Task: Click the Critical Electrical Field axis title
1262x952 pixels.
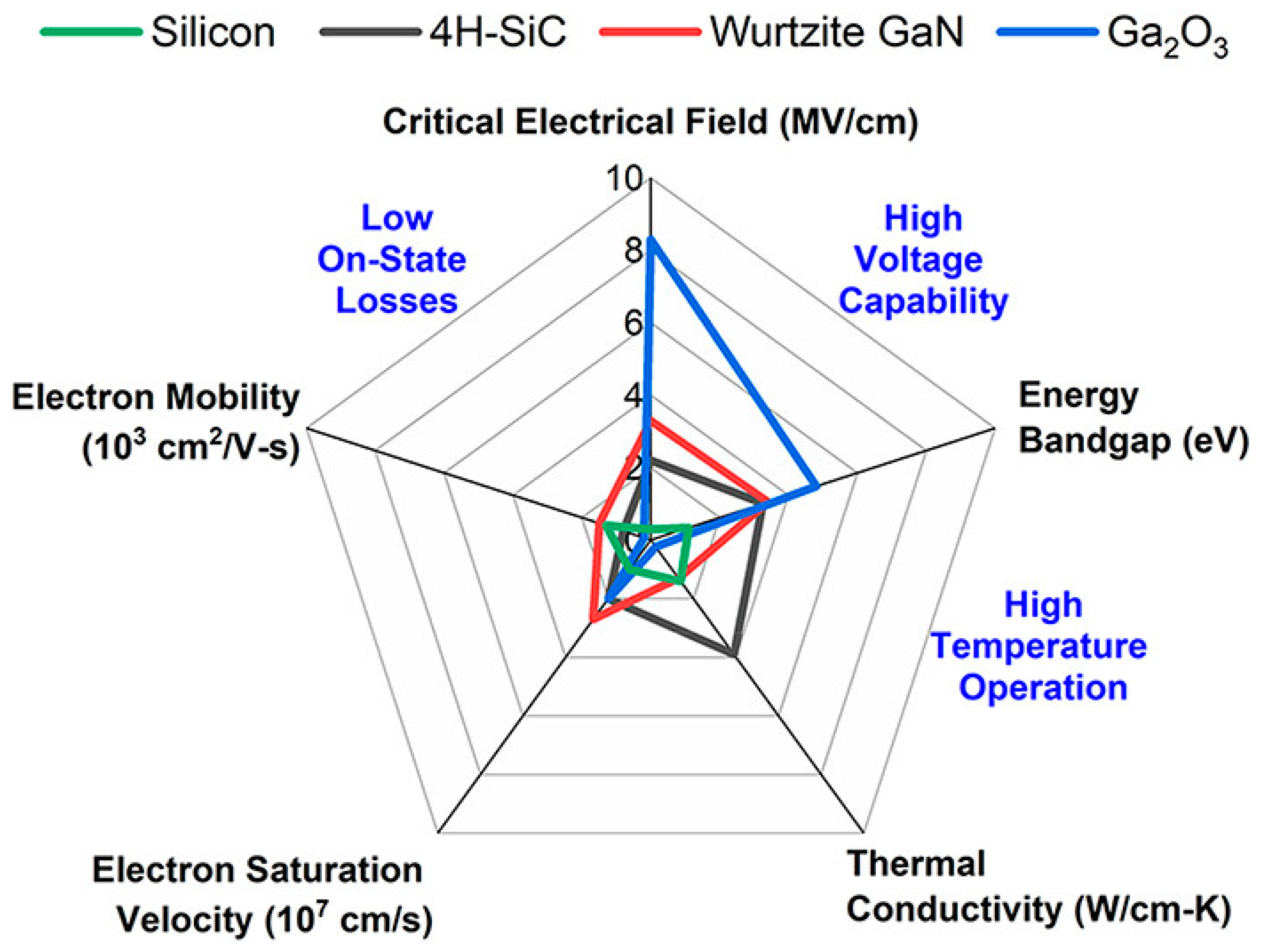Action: click(651, 121)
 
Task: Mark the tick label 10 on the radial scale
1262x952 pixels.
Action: click(624, 179)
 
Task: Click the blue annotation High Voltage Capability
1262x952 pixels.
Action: click(922, 259)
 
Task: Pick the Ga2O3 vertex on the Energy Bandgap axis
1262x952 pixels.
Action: click(817, 486)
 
